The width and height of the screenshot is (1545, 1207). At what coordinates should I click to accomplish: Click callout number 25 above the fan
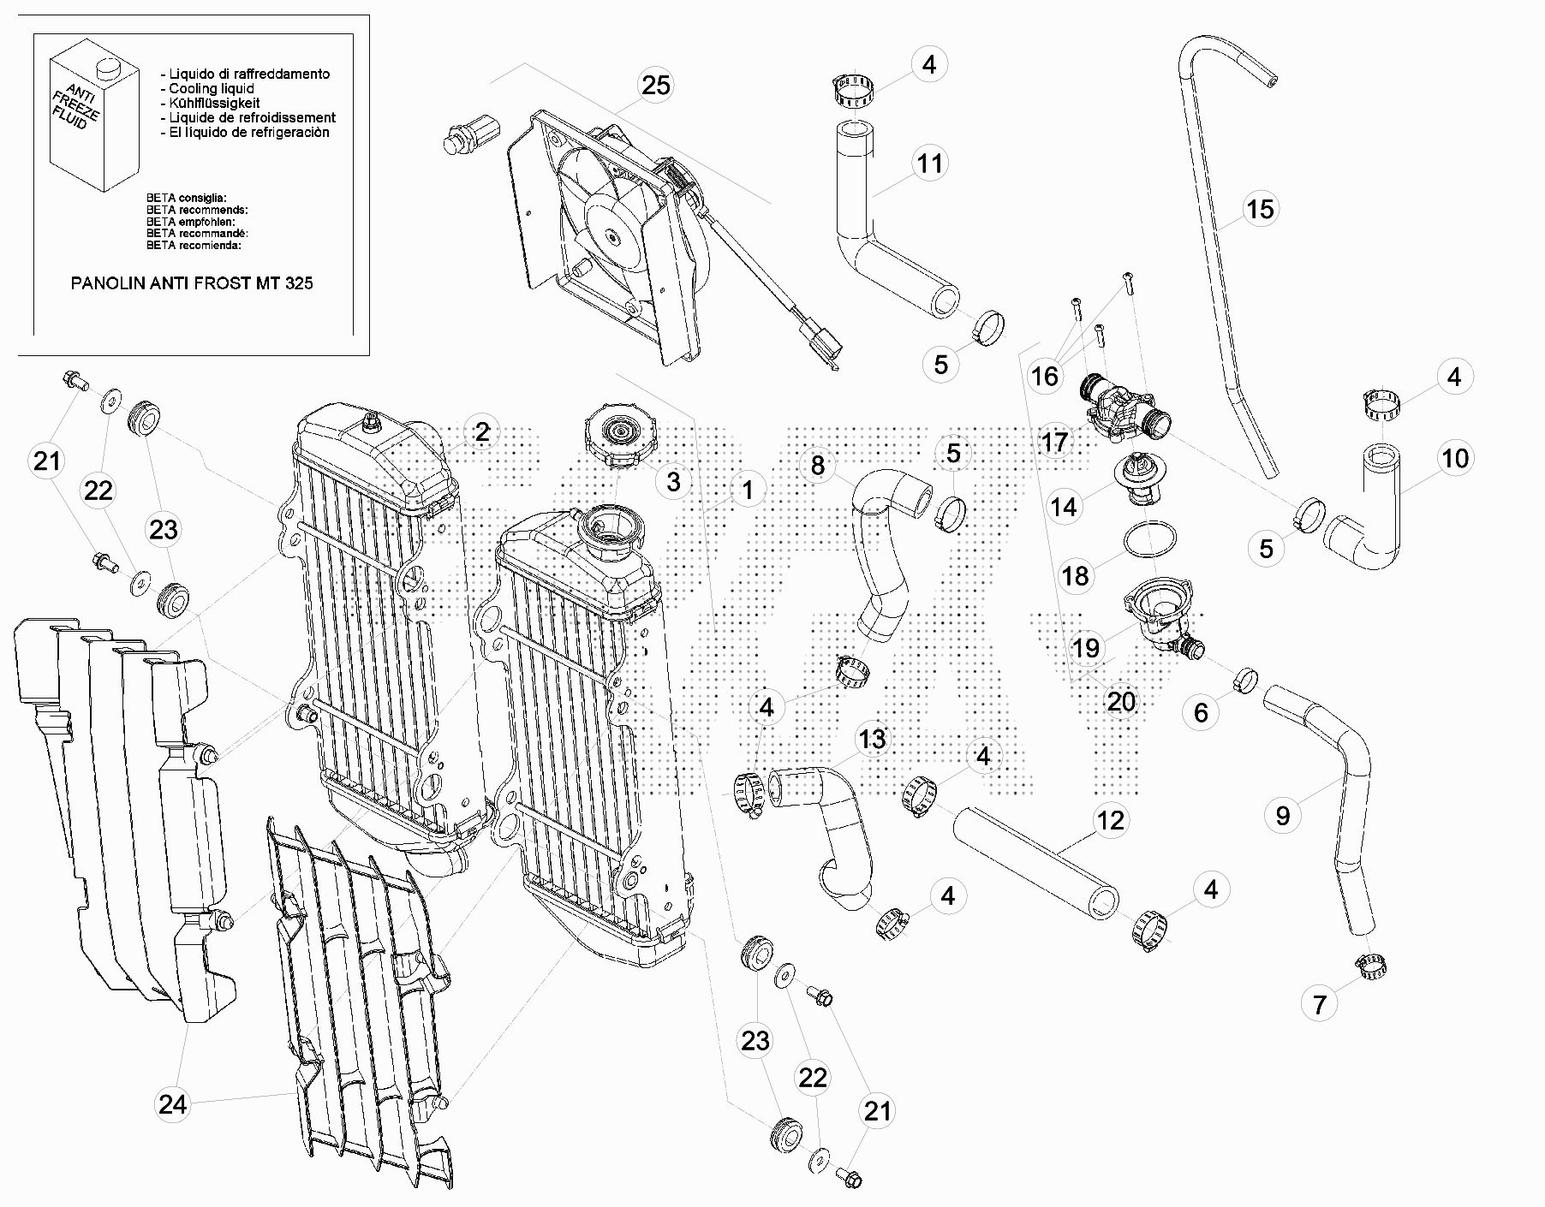[x=655, y=86]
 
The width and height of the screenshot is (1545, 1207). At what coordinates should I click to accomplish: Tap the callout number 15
[x=1260, y=209]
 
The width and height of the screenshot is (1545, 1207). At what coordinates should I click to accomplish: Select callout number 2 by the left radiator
[x=482, y=432]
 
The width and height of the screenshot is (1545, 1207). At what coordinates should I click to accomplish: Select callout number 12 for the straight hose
[x=1110, y=820]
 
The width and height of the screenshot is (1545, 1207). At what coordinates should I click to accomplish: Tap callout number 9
[x=1282, y=815]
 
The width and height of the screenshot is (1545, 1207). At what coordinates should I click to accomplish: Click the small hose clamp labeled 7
[x=1370, y=965]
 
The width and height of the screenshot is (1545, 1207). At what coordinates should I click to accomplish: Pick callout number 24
[x=172, y=1105]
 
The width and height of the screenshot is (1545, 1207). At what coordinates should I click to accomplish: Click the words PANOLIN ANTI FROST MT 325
[x=192, y=283]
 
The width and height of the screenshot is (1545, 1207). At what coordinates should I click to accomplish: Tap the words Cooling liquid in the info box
[x=212, y=88]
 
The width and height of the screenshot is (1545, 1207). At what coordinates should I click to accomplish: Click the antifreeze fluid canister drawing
[x=92, y=120]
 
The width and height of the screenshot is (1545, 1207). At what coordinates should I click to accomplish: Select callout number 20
[x=1121, y=702]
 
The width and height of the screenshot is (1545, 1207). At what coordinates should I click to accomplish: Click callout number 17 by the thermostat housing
[x=1055, y=442]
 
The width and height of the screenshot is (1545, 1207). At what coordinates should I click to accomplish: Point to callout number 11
[x=930, y=164]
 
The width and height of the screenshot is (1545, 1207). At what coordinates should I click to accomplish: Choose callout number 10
[x=1455, y=459]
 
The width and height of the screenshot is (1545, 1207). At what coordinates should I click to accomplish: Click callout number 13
[x=872, y=738]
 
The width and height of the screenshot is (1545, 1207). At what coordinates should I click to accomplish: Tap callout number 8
[x=818, y=465]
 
